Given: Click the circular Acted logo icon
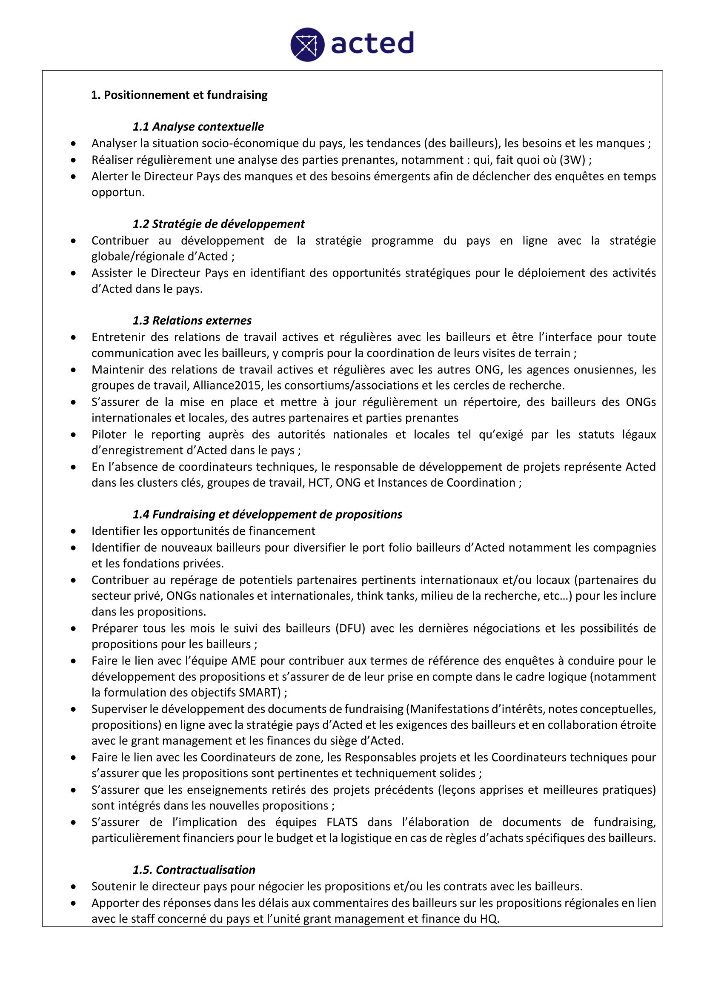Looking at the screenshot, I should click(x=307, y=44).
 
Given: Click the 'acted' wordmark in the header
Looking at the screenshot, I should click(x=372, y=43).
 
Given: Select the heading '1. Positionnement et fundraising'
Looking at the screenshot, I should click(x=179, y=95).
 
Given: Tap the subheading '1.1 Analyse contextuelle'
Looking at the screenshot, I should click(x=198, y=126).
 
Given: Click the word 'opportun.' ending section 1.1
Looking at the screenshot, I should click(x=118, y=192).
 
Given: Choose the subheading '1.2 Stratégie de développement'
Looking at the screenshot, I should click(x=218, y=224).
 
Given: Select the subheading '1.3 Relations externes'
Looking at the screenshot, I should click(x=192, y=321).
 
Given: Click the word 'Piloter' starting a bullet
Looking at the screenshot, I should click(x=108, y=435).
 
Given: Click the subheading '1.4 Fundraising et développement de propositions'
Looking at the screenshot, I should click(x=267, y=514).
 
